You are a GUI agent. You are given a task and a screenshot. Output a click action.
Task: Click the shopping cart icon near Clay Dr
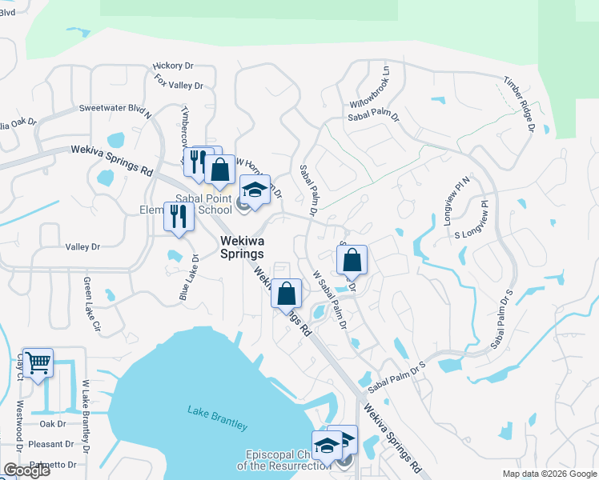pos(38,363)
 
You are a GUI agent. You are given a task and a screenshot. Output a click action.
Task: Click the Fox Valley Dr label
pos(179,82)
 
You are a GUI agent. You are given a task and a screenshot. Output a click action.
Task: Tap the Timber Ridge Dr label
pos(519,103)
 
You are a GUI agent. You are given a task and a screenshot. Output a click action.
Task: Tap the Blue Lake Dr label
pos(189,278)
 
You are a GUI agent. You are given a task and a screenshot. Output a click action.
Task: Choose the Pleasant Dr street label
pos(50,444)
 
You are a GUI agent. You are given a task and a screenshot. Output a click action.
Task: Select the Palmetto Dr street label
pos(50,464)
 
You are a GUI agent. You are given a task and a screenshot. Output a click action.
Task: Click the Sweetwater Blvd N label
pos(115,109)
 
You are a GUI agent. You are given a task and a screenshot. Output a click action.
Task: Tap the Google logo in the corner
pos(26,470)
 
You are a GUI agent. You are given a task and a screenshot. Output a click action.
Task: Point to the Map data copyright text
pos(549,474)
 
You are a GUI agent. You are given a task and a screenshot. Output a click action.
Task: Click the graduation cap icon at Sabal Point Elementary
pos(255,190)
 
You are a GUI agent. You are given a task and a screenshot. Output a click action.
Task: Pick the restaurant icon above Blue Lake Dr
pos(179,216)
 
